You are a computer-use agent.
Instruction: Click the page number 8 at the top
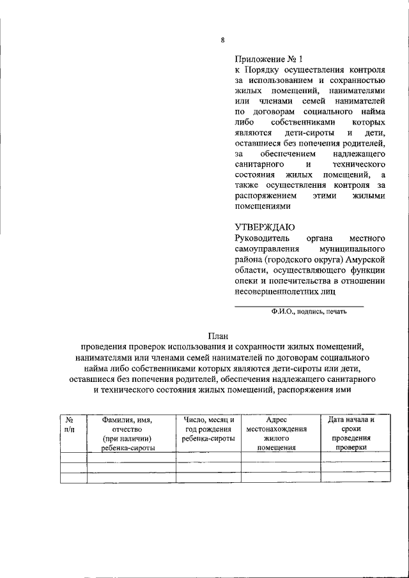pyautogui.click(x=222, y=40)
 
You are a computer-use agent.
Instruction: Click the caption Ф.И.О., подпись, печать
pyautogui.click(x=308, y=312)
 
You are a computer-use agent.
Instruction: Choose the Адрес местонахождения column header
pyautogui.click(x=279, y=434)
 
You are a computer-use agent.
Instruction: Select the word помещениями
pyautogui.click(x=263, y=207)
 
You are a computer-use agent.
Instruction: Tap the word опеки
pyautogui.click(x=246, y=282)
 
